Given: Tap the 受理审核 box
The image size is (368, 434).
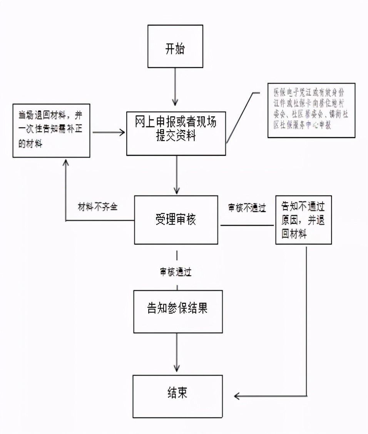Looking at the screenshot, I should point(176,220).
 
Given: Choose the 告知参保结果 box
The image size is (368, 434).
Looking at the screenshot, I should point(178,311).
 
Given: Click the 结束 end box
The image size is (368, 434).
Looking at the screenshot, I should point(177,396).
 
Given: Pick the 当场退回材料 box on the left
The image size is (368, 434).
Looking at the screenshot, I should point(52,130).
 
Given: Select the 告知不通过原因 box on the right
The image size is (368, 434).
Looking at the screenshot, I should point(303,220).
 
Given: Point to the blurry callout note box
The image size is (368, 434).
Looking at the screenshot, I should point(311,110).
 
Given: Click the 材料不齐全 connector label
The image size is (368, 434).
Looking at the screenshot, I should point(97,207).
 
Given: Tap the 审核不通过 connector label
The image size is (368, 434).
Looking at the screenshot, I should point(247,208).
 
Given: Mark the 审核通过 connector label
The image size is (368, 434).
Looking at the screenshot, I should point(176,272).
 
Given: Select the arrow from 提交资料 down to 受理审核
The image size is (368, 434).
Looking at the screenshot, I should point(177,175).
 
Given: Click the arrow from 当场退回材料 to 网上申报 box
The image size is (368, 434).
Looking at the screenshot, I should point(109,132).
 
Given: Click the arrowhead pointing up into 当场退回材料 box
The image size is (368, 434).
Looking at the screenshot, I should point(65,163).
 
